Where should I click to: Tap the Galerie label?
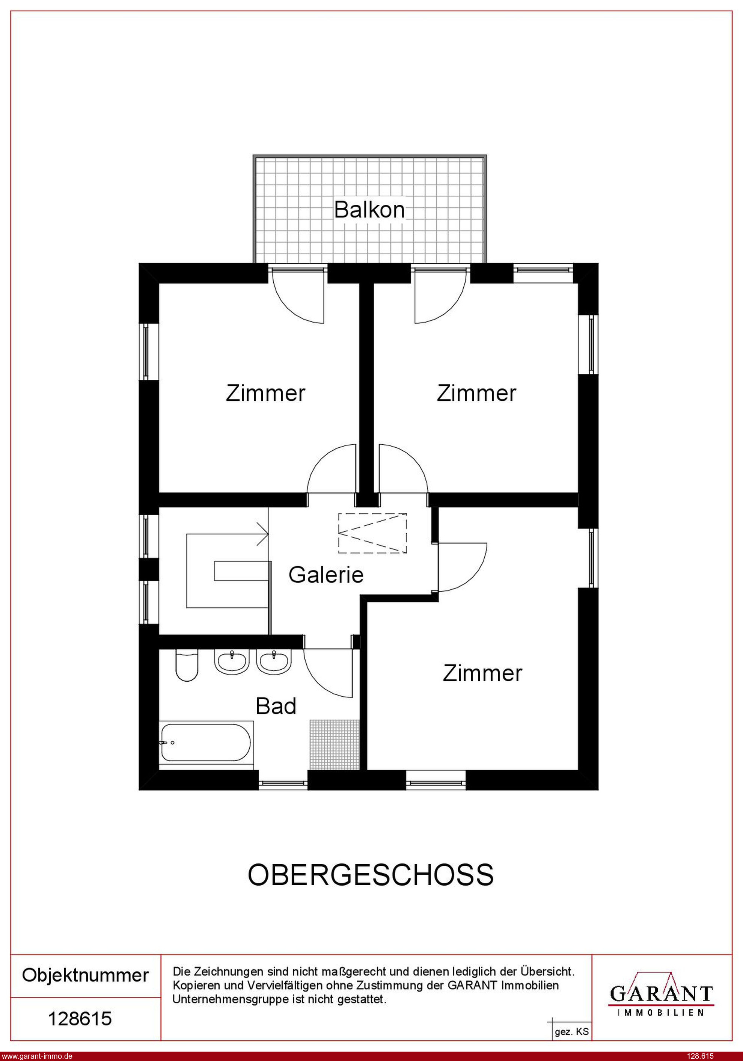click(x=326, y=575)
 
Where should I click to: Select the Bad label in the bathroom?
click(x=276, y=706)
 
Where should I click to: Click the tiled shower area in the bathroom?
click(x=335, y=744)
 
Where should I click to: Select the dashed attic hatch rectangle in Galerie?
click(x=372, y=533)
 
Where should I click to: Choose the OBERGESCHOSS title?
click(x=371, y=875)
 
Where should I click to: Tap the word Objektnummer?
click(x=86, y=975)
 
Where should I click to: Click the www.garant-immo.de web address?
click(x=37, y=1055)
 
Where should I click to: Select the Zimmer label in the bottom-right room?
click(x=482, y=673)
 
